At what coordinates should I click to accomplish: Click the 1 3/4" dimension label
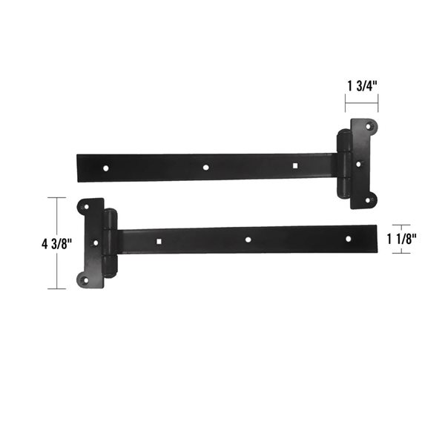362,85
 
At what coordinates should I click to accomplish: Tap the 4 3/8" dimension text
25,243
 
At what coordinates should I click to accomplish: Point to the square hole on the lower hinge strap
159,240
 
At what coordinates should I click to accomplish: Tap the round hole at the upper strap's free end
105,168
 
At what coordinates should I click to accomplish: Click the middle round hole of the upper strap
206,167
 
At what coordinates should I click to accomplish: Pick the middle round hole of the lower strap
248,240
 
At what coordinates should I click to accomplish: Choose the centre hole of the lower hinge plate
94,242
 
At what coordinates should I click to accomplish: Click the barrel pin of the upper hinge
343,165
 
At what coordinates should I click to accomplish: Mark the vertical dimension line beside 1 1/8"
401,239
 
